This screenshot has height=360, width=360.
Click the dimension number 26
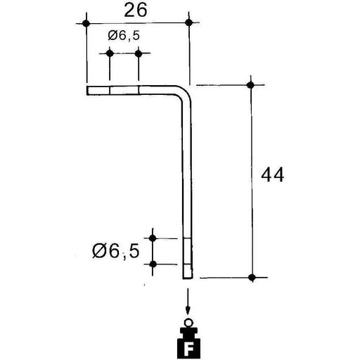click(136, 11)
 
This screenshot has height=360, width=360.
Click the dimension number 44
click(273, 175)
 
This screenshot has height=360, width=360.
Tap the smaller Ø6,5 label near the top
click(124, 36)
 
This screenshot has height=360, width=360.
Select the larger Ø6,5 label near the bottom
click(116, 251)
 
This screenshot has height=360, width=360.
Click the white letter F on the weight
click(189, 350)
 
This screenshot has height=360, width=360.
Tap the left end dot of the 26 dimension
click(86, 23)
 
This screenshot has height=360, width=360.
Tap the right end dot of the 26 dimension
click(188, 22)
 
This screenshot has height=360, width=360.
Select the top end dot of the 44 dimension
click(251, 85)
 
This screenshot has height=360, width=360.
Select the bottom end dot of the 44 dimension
click(252, 278)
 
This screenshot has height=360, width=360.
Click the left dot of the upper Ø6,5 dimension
click(110, 53)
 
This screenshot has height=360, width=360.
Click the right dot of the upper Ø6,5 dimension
click(139, 53)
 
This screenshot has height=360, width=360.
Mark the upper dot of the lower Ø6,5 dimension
click(153, 238)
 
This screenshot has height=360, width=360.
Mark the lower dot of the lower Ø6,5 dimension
click(153, 264)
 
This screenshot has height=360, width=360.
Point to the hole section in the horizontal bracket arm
click(124, 91)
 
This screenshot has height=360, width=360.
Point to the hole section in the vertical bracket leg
click(188, 251)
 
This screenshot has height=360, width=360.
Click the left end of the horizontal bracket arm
click(87, 91)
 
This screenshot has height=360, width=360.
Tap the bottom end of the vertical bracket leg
click(188, 278)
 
